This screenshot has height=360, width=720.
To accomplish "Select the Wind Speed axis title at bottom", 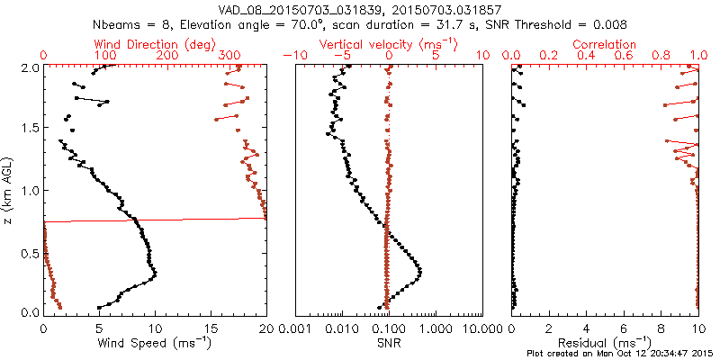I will tap(155, 343).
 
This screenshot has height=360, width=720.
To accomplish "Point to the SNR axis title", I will tap(389, 343).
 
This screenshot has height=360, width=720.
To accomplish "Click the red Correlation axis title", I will tap(605, 44).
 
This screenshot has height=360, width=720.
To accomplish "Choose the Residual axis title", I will tap(605, 343).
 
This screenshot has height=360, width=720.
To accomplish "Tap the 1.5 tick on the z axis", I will tap(31, 129).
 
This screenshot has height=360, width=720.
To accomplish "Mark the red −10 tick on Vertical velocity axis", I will tap(292, 56).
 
